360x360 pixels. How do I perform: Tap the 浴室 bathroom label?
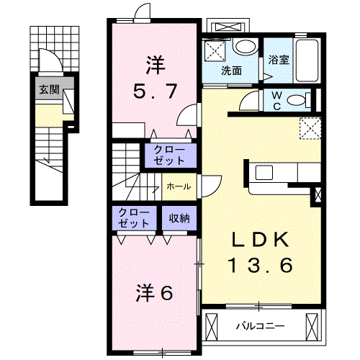(279, 60)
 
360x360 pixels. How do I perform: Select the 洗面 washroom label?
(231, 71)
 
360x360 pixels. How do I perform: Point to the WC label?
(276, 100)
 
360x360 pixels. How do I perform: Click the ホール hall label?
(178, 186)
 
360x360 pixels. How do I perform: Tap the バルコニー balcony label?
(260, 326)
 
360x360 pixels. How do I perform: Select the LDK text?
(260, 240)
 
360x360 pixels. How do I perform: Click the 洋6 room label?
(154, 293)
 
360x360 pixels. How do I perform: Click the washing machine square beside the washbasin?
(215, 50)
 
